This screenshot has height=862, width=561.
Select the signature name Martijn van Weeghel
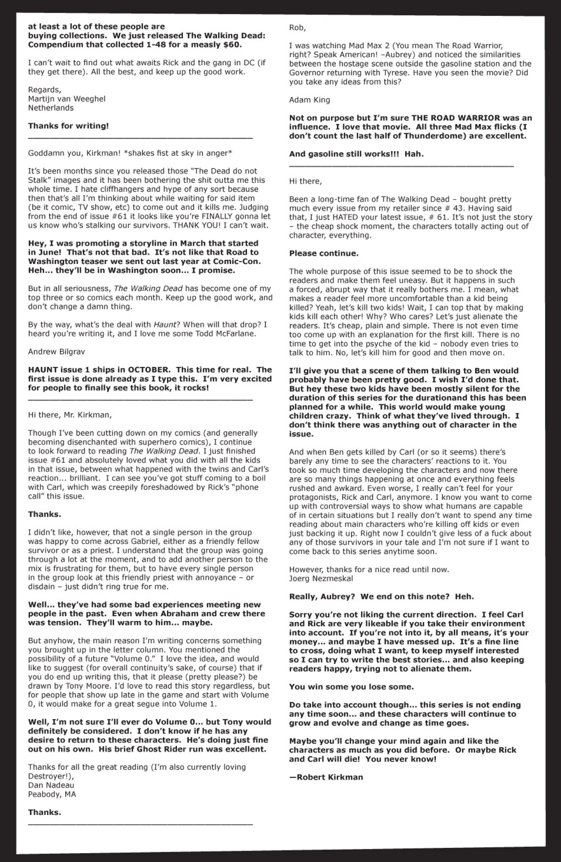pos(67,99)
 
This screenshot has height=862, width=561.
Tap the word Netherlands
pos(51,108)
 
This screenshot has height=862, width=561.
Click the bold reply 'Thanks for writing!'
pos(68,126)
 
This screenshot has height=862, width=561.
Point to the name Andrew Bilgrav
pos(56,352)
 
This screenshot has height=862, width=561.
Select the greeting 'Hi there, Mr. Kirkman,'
pos(70,415)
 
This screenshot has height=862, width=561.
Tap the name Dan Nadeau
pos(51,785)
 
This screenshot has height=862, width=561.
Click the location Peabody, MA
pos(52,794)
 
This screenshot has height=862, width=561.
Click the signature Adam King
pos(309,100)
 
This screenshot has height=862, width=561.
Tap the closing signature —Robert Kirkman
pos(326,777)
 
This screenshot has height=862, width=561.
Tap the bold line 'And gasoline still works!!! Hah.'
pos(356,154)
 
